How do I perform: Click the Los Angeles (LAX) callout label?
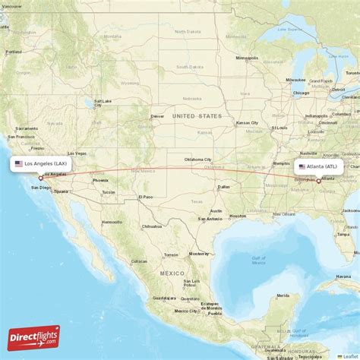tap(42, 163)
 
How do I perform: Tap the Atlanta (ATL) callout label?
tap(321, 166)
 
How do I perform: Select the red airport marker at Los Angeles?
tap(41, 178)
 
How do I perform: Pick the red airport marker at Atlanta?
tap(318, 181)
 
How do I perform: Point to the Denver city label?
tap(157, 116)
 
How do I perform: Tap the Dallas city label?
tap(223, 186)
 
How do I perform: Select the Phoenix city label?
tap(100, 180)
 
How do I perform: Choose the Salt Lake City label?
tap(103, 103)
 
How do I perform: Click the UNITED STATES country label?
tap(197, 115)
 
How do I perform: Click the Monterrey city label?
tap(199, 253)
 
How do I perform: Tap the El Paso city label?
tap(146, 197)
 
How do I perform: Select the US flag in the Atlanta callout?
tap(302, 166)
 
